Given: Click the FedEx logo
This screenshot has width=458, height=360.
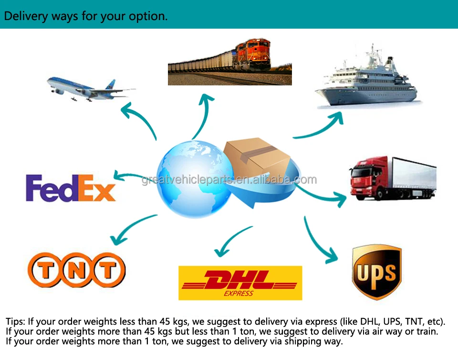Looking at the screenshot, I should [71, 188].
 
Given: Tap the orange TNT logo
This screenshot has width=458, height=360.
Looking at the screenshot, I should [76, 270].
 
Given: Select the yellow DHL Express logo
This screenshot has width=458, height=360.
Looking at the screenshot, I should [240, 283].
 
